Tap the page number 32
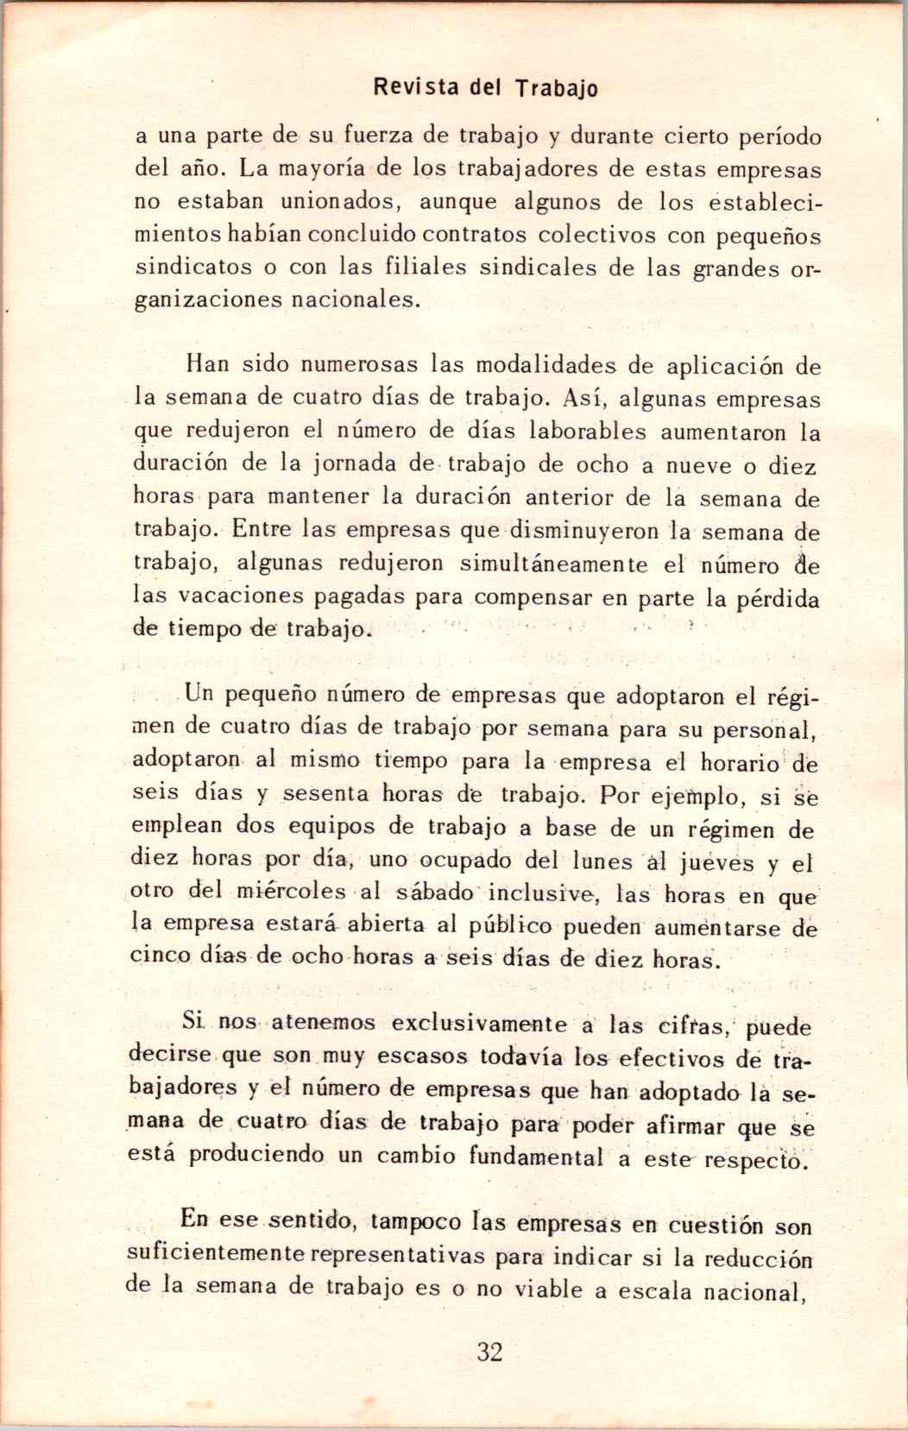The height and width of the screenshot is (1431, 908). [x=489, y=1352]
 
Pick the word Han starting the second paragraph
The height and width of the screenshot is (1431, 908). [x=207, y=364]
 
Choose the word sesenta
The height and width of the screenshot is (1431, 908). [x=326, y=793]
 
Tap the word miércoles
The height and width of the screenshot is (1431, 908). [x=291, y=891]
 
